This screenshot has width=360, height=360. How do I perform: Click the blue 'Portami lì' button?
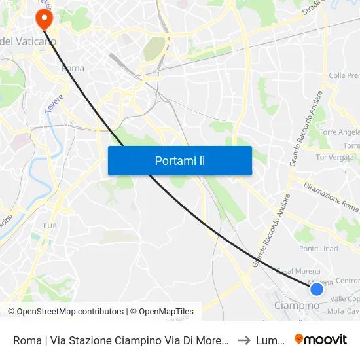(179, 160)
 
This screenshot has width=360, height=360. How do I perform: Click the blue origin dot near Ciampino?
(317, 289)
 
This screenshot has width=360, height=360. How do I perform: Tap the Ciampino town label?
(297, 306)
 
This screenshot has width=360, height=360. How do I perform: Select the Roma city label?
(72, 68)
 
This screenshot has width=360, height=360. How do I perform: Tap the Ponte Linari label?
(318, 249)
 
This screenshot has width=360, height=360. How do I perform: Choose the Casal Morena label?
(298, 271)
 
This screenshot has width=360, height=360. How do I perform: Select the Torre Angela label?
(340, 132)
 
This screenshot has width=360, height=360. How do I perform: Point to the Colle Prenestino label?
(344, 76)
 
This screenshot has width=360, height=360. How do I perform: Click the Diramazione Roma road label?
(331, 196)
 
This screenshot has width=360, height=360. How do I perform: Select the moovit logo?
(321, 339)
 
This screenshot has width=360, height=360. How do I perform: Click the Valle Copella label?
(344, 298)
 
